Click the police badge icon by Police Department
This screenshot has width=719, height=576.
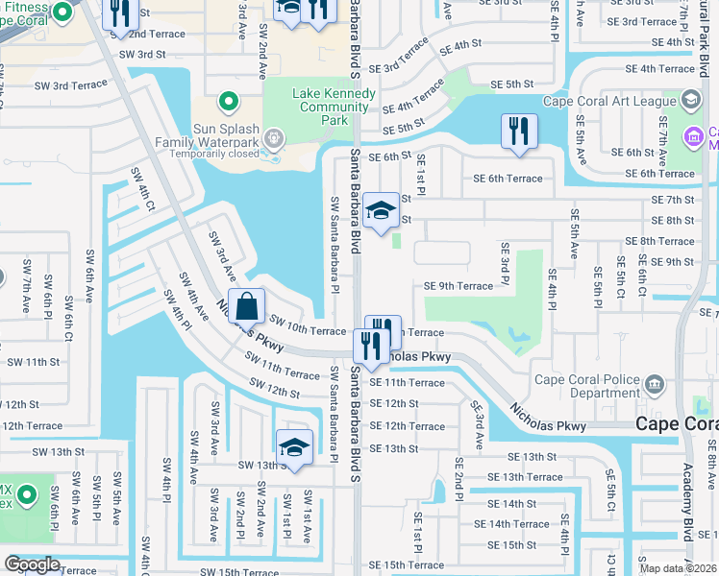(x=655, y=385)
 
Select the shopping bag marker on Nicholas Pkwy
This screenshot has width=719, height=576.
(x=247, y=307)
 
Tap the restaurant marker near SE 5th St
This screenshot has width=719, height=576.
(x=519, y=132)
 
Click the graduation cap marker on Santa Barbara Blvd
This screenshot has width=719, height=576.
(x=381, y=211)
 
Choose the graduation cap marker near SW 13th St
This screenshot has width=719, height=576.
(x=294, y=447)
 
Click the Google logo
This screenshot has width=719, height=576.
(x=32, y=564)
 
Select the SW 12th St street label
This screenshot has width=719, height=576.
(x=274, y=388)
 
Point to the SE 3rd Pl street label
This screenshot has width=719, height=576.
(x=505, y=264)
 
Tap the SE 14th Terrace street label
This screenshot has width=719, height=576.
(x=511, y=524)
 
